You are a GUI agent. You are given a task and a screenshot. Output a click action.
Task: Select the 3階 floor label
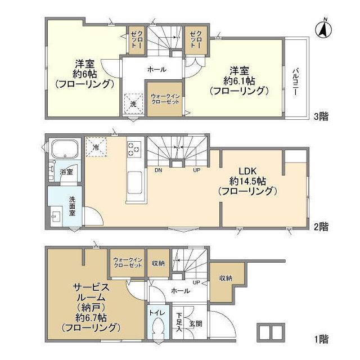click(321, 116)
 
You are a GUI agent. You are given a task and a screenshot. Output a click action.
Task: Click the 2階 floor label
click(321, 227)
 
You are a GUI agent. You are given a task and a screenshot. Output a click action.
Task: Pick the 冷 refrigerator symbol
click(96, 147)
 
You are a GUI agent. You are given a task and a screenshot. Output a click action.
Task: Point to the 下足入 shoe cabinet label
click(179, 322)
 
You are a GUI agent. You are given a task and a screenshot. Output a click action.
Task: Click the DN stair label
click(159, 170)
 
